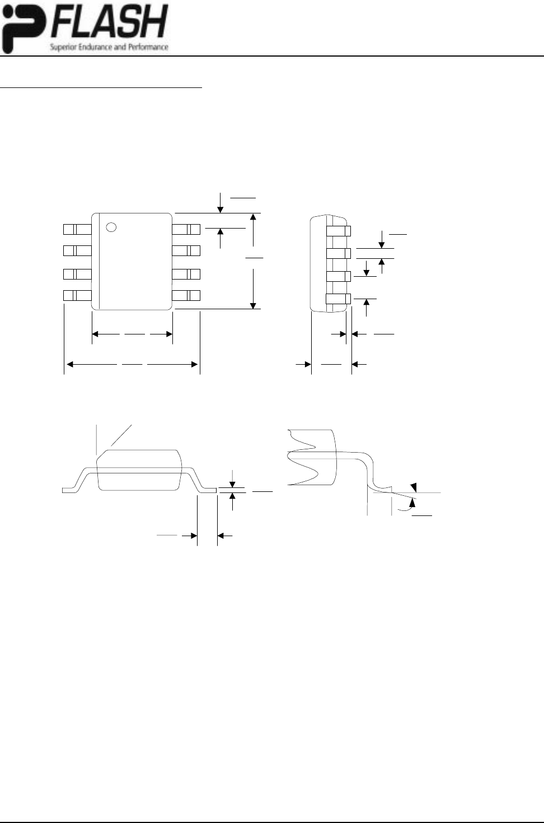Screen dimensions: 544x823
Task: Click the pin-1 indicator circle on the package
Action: click(x=111, y=227)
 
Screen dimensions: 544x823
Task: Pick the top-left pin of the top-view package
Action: click(x=77, y=229)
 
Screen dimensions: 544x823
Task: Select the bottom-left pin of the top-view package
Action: click(x=77, y=295)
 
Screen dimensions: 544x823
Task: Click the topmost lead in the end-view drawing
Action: click(x=338, y=231)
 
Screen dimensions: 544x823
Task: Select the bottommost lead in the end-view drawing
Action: click(x=338, y=299)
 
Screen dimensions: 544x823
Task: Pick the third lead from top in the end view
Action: click(x=338, y=276)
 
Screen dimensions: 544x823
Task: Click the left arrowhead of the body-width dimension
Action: click(x=95, y=334)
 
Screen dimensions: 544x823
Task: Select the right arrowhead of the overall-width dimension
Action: click(x=195, y=365)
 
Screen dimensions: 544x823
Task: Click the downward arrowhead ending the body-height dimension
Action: click(x=254, y=305)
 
